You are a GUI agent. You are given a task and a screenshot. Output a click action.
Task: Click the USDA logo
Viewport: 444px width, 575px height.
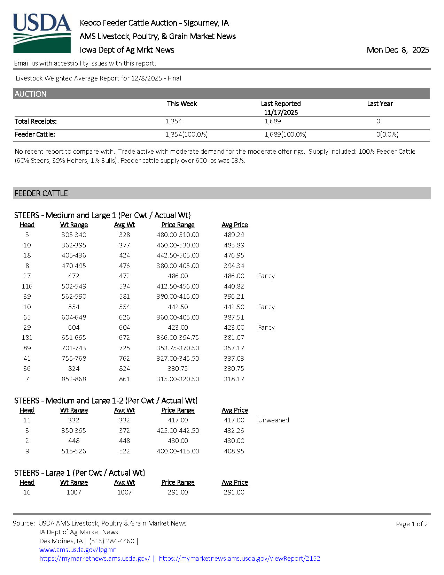tap(42, 33)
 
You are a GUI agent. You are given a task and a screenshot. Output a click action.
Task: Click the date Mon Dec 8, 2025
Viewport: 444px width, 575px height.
tap(398, 50)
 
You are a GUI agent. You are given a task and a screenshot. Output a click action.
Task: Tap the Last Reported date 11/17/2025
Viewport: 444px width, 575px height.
tap(281, 112)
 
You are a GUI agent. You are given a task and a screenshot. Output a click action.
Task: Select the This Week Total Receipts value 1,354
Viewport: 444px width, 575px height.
tap(173, 121)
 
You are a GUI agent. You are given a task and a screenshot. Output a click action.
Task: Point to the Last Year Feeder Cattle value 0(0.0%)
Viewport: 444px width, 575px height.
tap(387, 134)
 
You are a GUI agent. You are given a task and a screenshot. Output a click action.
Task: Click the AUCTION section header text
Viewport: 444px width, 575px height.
tap(30, 94)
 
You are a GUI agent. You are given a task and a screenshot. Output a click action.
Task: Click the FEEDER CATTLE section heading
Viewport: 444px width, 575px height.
tap(41, 193)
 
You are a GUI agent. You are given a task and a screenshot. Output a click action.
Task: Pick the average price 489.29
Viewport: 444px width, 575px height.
tap(234, 235)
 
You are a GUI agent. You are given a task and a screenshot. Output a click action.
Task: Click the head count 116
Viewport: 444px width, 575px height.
tap(27, 286)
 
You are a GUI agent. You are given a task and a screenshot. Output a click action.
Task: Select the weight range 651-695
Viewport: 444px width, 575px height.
tap(74, 337)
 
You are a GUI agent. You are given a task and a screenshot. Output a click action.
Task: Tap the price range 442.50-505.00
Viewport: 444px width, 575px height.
tap(178, 255)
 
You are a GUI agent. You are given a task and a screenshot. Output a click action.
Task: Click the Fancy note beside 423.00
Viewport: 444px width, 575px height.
tap(266, 327)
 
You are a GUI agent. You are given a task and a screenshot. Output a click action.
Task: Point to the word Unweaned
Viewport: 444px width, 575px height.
tap(273, 420)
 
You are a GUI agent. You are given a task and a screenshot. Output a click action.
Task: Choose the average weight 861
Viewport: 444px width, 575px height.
tap(124, 379)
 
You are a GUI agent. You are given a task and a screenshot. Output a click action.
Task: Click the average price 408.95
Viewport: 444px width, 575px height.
tap(234, 451)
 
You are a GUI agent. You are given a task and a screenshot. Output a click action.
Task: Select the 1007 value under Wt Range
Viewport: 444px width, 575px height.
tap(74, 492)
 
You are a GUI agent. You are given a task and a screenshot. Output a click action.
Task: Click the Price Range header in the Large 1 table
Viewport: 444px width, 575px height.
tap(178, 482)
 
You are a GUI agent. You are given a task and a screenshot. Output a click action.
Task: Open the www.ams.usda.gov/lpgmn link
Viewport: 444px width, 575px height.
tap(78, 550)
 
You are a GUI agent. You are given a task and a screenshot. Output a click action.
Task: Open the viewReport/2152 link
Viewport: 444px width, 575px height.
tap(239, 558)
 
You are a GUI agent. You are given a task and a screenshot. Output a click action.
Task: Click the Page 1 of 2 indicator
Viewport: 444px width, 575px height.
tap(412, 524)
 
